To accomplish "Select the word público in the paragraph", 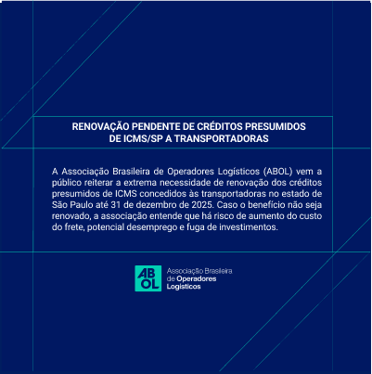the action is coord(69,184).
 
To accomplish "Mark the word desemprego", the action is coord(171,226).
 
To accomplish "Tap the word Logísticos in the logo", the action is coord(183,287).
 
